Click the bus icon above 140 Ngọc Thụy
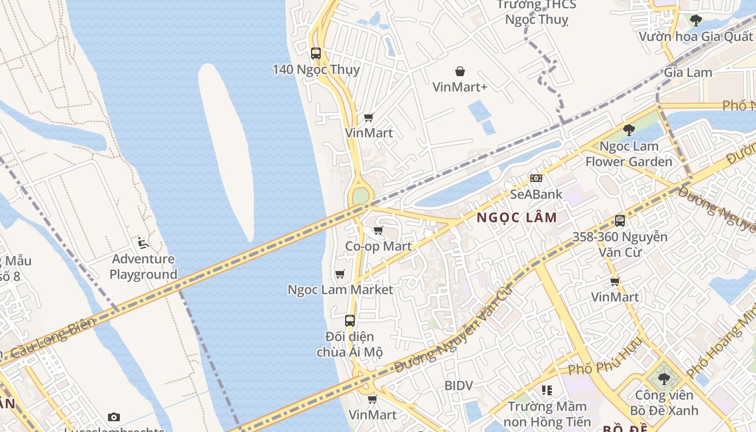click(316, 53)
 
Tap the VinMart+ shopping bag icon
click(460, 71)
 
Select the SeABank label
click(536, 194)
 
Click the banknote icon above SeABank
click(536, 178)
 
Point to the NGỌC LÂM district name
click(517, 218)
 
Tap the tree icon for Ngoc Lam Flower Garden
click(629, 130)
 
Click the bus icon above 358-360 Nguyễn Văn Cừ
click(620, 221)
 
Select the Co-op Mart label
click(379, 246)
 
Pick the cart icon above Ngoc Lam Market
click(340, 274)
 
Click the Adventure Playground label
click(143, 266)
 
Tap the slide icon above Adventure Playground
click(143, 243)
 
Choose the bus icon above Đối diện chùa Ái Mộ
click(350, 321)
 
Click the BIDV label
click(458, 386)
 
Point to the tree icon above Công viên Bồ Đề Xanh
click(664, 379)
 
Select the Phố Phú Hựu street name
click(604, 361)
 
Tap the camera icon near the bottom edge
click(113, 417)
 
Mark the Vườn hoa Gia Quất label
click(696, 37)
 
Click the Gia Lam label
click(688, 72)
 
